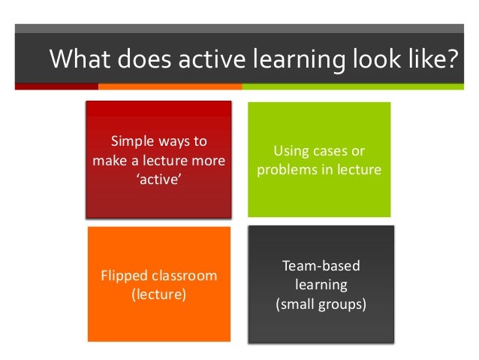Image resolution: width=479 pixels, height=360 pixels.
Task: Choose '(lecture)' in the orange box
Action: (x=159, y=295)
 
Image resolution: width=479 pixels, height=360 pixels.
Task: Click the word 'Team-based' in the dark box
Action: (x=321, y=266)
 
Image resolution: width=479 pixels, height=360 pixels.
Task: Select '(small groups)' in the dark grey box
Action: (x=321, y=305)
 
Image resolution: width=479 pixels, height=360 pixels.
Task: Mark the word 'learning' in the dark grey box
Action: (x=321, y=286)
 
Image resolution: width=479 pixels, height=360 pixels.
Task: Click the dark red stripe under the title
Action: (x=57, y=86)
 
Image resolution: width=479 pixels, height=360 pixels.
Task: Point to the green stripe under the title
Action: (x=353, y=86)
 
